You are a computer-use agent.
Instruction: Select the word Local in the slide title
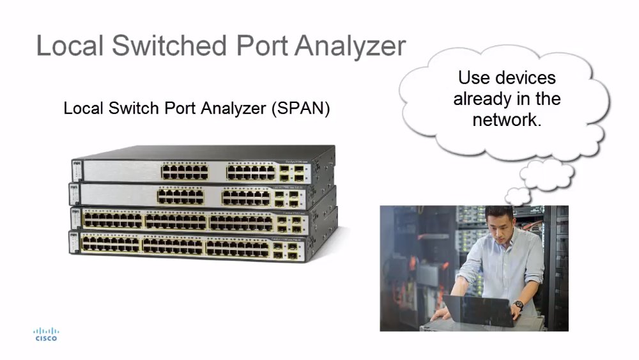click(x=70, y=45)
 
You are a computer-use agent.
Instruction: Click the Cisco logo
click(x=46, y=334)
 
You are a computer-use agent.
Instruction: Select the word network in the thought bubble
click(x=507, y=120)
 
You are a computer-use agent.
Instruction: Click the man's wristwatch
click(x=518, y=304)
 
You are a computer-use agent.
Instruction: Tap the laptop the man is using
click(x=479, y=310)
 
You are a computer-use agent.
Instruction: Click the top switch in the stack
click(x=204, y=165)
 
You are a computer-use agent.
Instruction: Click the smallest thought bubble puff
click(x=518, y=196)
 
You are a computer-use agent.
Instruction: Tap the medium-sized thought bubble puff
click(x=546, y=175)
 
